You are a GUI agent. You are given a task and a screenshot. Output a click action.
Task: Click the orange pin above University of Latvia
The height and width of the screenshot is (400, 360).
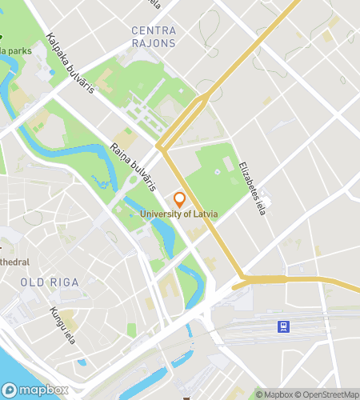(x=179, y=199)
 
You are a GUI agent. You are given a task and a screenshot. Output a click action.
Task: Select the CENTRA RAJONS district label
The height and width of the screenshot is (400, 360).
(x=153, y=37)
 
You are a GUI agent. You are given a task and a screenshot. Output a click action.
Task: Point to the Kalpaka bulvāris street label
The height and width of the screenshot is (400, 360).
(x=70, y=63)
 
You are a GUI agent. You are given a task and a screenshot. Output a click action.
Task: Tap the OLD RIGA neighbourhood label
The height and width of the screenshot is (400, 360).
(x=45, y=282)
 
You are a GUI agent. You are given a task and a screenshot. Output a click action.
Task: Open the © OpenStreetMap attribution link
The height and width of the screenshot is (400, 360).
(x=326, y=394)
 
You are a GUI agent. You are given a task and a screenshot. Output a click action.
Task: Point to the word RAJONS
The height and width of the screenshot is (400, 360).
(x=153, y=42)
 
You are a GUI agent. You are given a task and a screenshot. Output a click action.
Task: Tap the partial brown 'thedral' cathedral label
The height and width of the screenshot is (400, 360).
(x=14, y=262)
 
